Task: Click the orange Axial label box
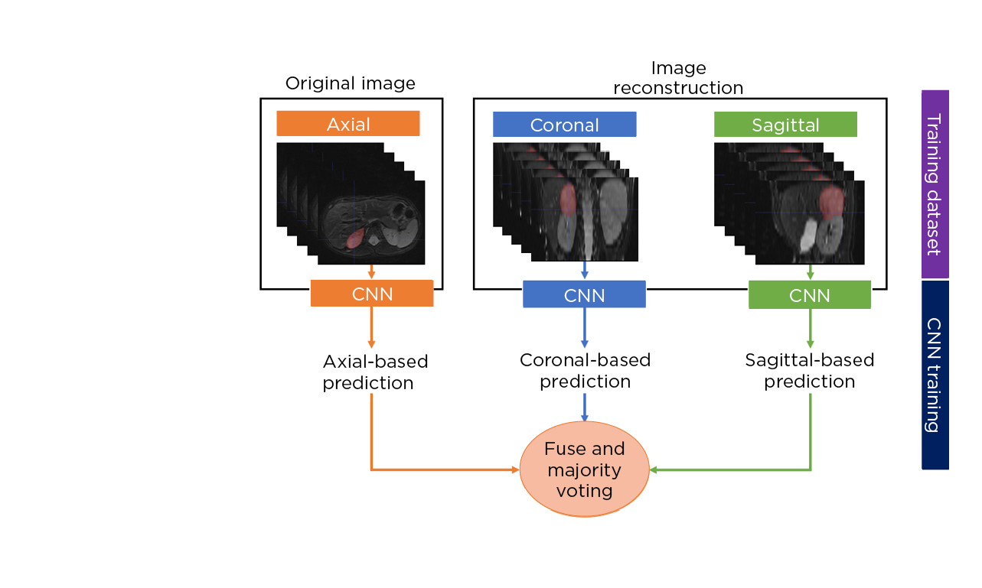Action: pos(348,124)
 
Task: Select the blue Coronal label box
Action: pos(564,125)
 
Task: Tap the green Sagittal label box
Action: pos(785,125)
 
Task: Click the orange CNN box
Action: pos(372,294)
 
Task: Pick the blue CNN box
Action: pos(584,294)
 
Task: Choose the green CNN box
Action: pos(809,295)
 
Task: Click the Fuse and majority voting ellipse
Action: pos(584,469)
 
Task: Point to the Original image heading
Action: pos(351,83)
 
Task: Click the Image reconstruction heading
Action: pos(678,78)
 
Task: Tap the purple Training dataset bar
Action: pos(935,184)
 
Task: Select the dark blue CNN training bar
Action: pos(935,374)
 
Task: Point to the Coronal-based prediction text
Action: pos(585,370)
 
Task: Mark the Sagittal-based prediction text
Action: pos(809,370)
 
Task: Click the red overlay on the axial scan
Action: pos(354,239)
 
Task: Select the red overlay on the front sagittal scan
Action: pos(830,203)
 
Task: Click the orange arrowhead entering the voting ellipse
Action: pos(515,469)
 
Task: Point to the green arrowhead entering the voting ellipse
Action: pos(654,469)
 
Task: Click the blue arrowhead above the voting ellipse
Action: pos(585,417)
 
